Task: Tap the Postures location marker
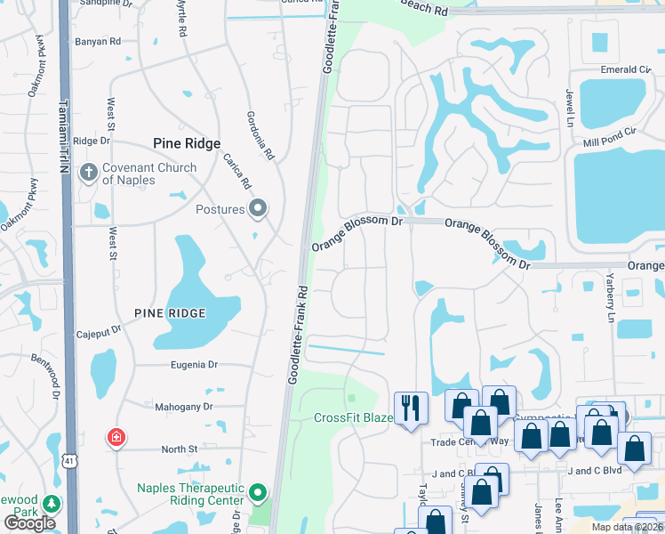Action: pyautogui.click(x=258, y=209)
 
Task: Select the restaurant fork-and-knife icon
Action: pyautogui.click(x=410, y=409)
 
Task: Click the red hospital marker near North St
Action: pyautogui.click(x=116, y=438)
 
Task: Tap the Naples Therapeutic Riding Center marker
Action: pyautogui.click(x=258, y=492)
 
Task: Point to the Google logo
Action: pyautogui.click(x=29, y=523)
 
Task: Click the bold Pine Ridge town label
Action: pyautogui.click(x=187, y=142)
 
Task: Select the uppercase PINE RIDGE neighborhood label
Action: pyautogui.click(x=170, y=313)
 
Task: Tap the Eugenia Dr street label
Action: pyautogui.click(x=188, y=365)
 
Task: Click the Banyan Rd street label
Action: pyautogui.click(x=98, y=41)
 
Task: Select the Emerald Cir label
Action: pyautogui.click(x=626, y=69)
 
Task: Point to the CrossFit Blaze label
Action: pyautogui.click(x=353, y=418)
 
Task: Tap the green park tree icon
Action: pyautogui.click(x=52, y=504)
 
